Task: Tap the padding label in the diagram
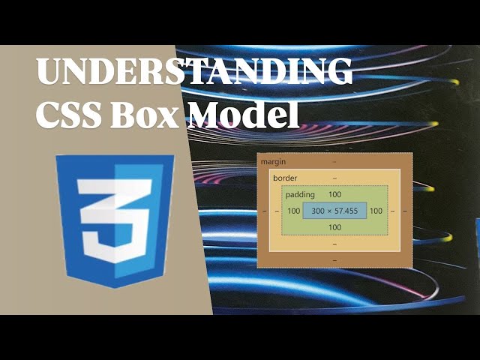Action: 300,195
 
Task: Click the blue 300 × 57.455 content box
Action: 334,211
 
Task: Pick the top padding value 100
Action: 334,195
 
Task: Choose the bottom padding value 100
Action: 334,227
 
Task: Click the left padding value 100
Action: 293,211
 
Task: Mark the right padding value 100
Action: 376,211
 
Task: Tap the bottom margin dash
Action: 334,259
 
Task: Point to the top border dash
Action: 334,178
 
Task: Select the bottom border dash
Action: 334,244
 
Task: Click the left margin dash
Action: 264,211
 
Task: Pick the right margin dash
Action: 405,211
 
